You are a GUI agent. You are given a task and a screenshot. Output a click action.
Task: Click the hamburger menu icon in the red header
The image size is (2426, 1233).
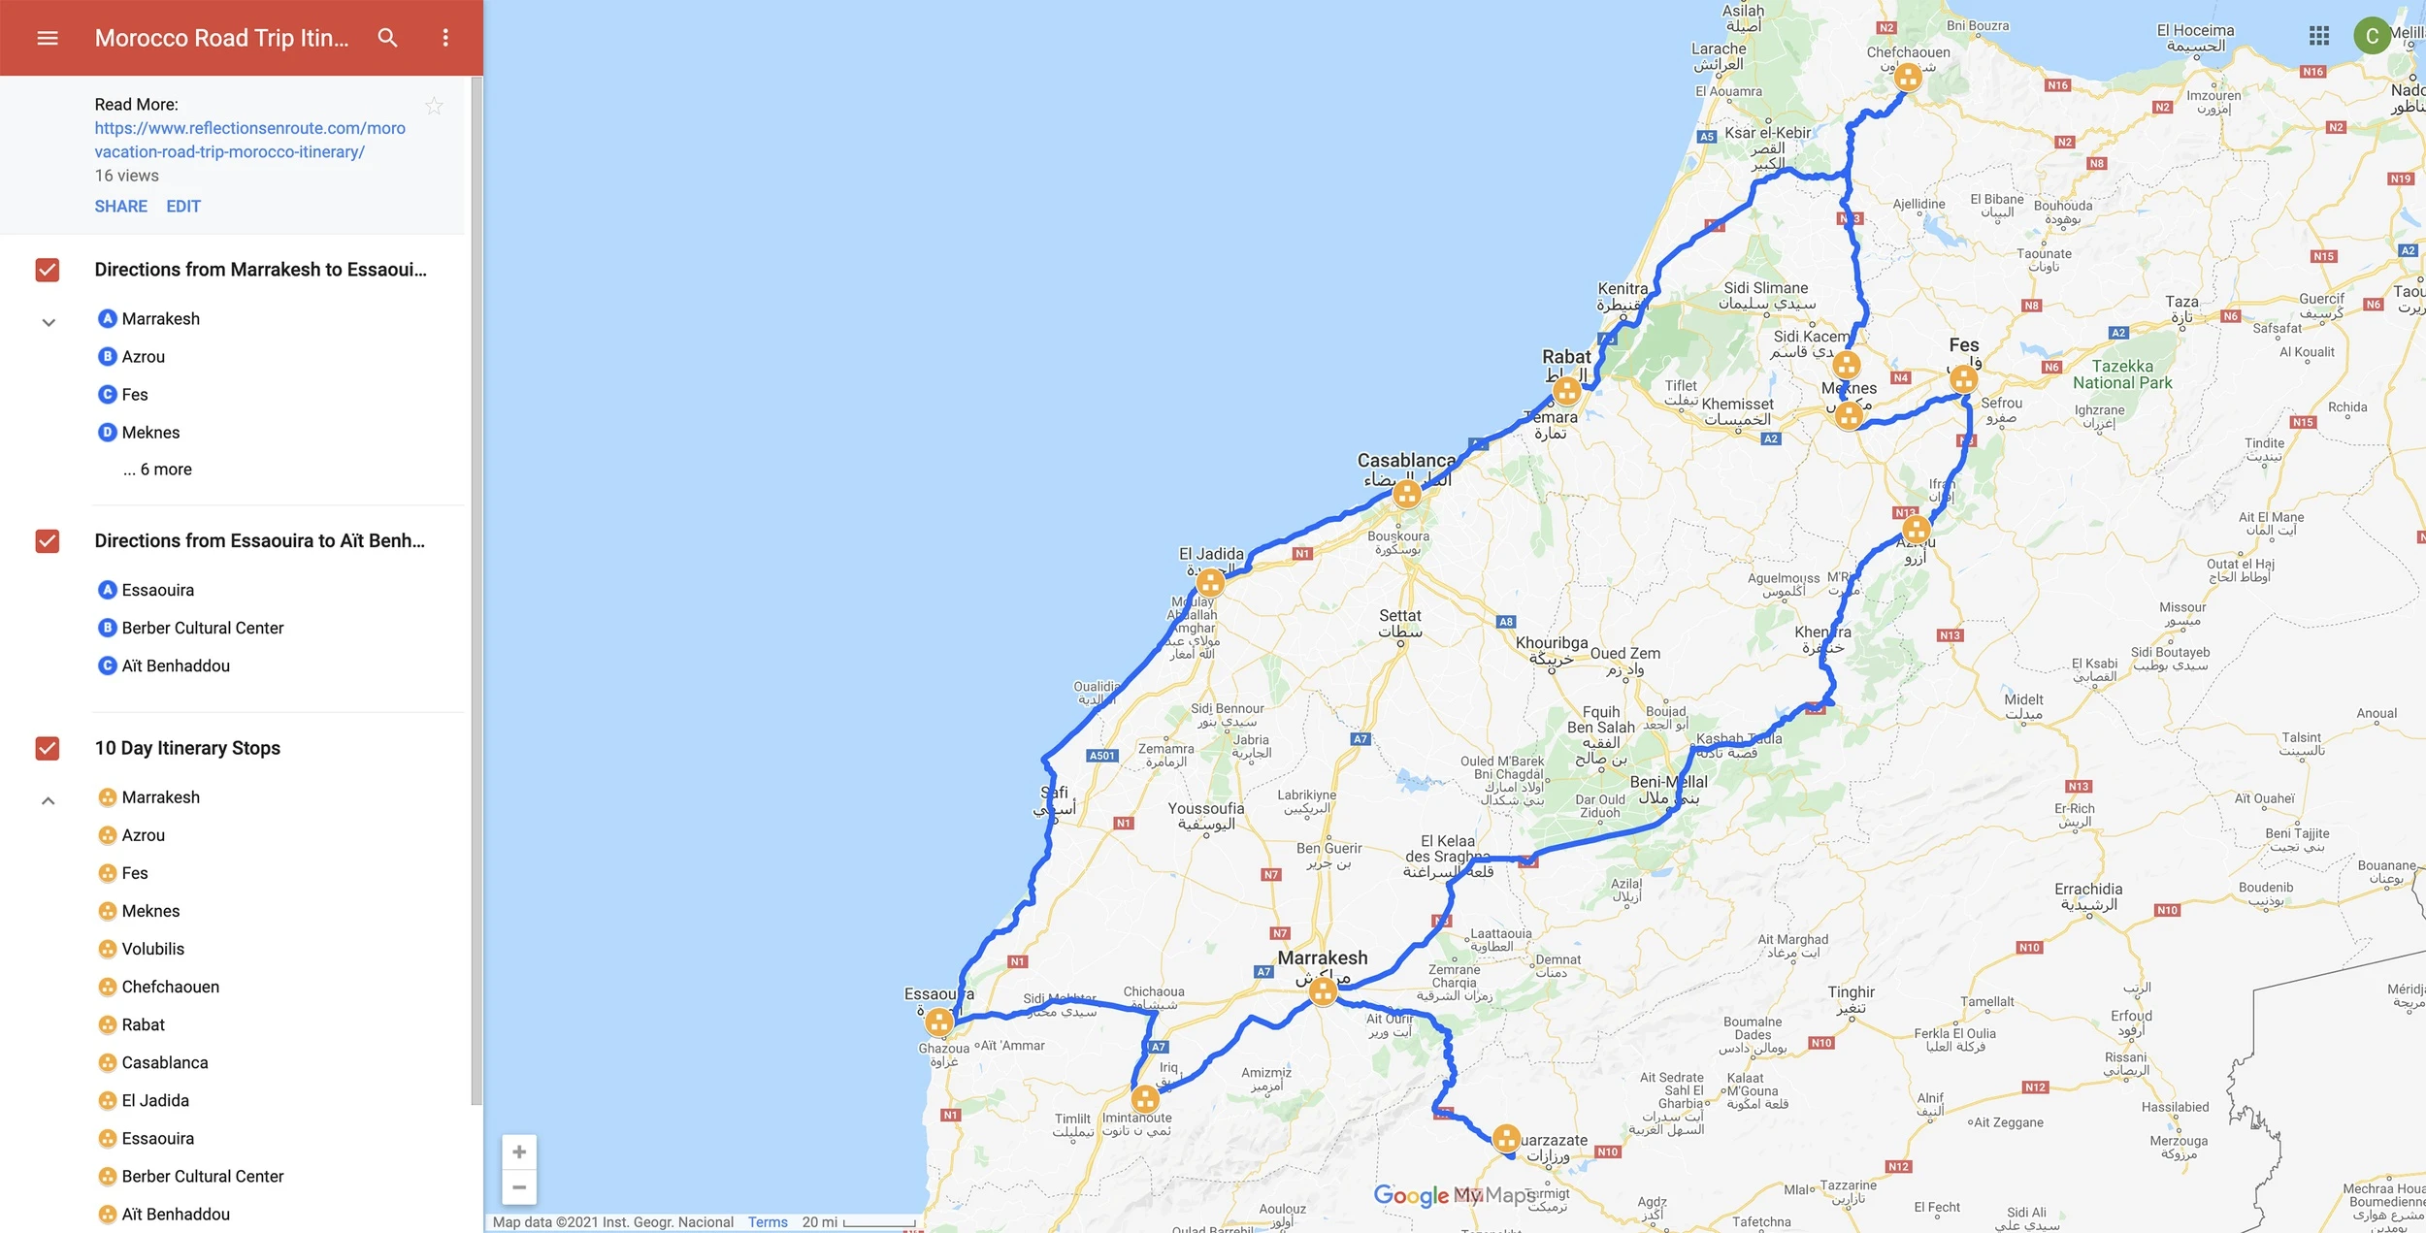(x=48, y=38)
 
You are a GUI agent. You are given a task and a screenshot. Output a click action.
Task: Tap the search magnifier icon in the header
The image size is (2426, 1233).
(x=387, y=38)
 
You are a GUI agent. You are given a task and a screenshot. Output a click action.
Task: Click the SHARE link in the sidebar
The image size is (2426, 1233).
(x=121, y=206)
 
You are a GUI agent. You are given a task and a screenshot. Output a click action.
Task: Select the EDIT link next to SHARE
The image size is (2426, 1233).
(x=183, y=206)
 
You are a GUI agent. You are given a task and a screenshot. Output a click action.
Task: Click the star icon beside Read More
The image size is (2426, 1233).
(x=434, y=106)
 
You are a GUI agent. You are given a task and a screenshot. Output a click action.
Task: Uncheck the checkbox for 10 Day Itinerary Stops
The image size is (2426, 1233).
(x=48, y=748)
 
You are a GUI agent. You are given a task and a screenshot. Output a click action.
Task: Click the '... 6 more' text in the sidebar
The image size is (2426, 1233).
(x=157, y=470)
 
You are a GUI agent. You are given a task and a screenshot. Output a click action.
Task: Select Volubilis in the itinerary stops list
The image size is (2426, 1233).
(x=152, y=949)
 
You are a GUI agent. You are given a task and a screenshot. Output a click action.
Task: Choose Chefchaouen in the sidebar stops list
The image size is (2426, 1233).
(x=170, y=987)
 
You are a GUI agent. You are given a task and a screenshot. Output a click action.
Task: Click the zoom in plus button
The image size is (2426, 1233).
(x=519, y=1152)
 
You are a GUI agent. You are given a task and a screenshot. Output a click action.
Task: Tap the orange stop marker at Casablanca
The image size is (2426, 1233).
(x=1407, y=494)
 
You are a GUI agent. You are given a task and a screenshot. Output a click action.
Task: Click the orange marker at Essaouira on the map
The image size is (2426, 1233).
(x=938, y=1021)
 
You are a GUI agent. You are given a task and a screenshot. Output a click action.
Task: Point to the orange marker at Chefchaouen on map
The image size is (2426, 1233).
(x=1908, y=77)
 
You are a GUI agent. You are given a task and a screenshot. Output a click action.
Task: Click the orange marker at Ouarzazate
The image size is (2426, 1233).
(x=1506, y=1137)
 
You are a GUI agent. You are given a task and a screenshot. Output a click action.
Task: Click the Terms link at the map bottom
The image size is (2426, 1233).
(x=768, y=1222)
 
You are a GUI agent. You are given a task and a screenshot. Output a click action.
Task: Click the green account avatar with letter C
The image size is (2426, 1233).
(x=2372, y=36)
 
